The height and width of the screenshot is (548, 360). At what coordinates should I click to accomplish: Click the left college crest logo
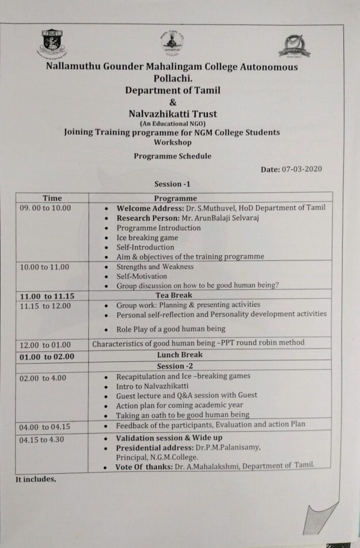point(52,44)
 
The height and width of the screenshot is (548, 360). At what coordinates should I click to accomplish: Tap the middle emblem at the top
point(172,43)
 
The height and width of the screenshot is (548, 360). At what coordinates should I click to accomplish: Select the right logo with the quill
point(294,46)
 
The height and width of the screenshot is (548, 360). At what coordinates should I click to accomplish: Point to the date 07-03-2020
point(302,169)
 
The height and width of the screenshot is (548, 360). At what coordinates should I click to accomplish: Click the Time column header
point(52,198)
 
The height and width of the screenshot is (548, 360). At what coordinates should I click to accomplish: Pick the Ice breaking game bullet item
point(147,237)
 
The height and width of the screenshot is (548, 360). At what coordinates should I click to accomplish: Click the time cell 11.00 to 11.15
point(47,296)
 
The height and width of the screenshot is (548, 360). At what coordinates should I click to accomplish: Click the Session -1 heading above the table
point(172,184)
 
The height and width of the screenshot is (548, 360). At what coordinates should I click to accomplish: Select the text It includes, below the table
point(36,479)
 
